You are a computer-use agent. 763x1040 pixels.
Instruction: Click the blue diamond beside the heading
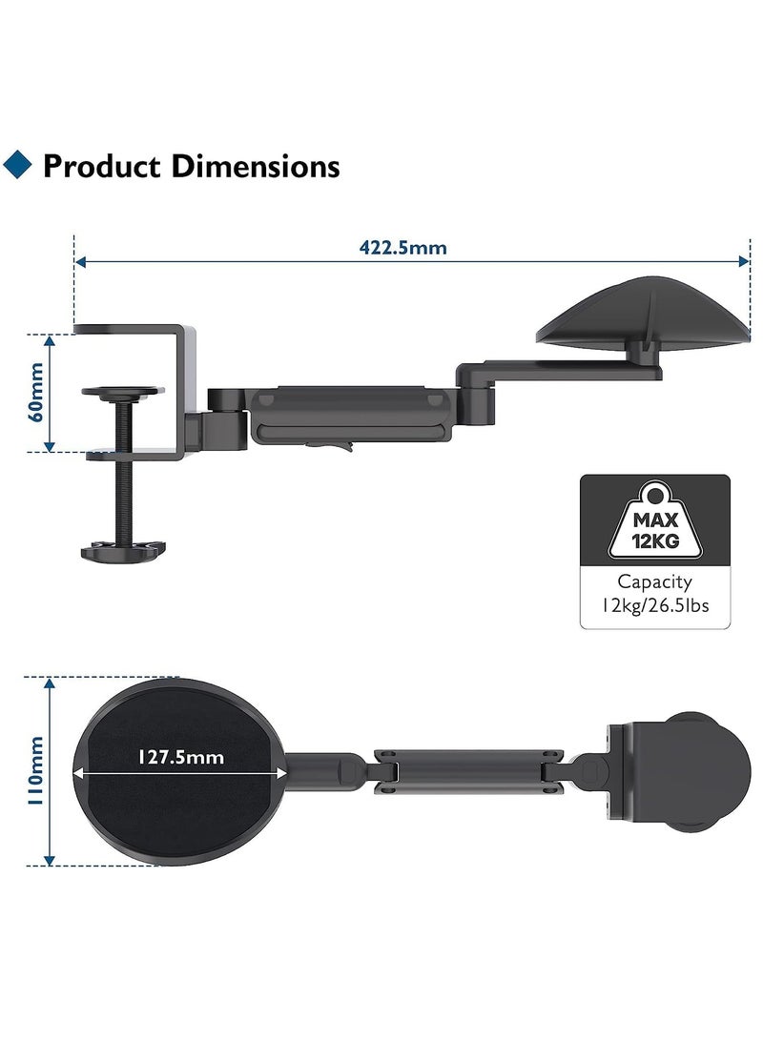[x=17, y=165]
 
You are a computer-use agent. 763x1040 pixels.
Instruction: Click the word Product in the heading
[x=102, y=166]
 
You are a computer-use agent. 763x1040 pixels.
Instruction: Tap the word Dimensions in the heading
[x=256, y=166]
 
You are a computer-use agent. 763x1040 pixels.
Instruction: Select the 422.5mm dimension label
[x=402, y=248]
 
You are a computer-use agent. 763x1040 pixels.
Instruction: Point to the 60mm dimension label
[x=35, y=392]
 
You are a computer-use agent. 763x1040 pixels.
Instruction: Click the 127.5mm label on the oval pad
[x=180, y=757]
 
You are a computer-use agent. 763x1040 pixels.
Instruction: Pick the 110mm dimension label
[x=34, y=771]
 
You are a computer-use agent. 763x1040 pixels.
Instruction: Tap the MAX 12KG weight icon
[x=655, y=520]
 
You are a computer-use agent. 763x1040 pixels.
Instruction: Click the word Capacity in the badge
[x=654, y=582]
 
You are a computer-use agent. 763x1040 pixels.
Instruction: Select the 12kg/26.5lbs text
[x=655, y=605]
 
